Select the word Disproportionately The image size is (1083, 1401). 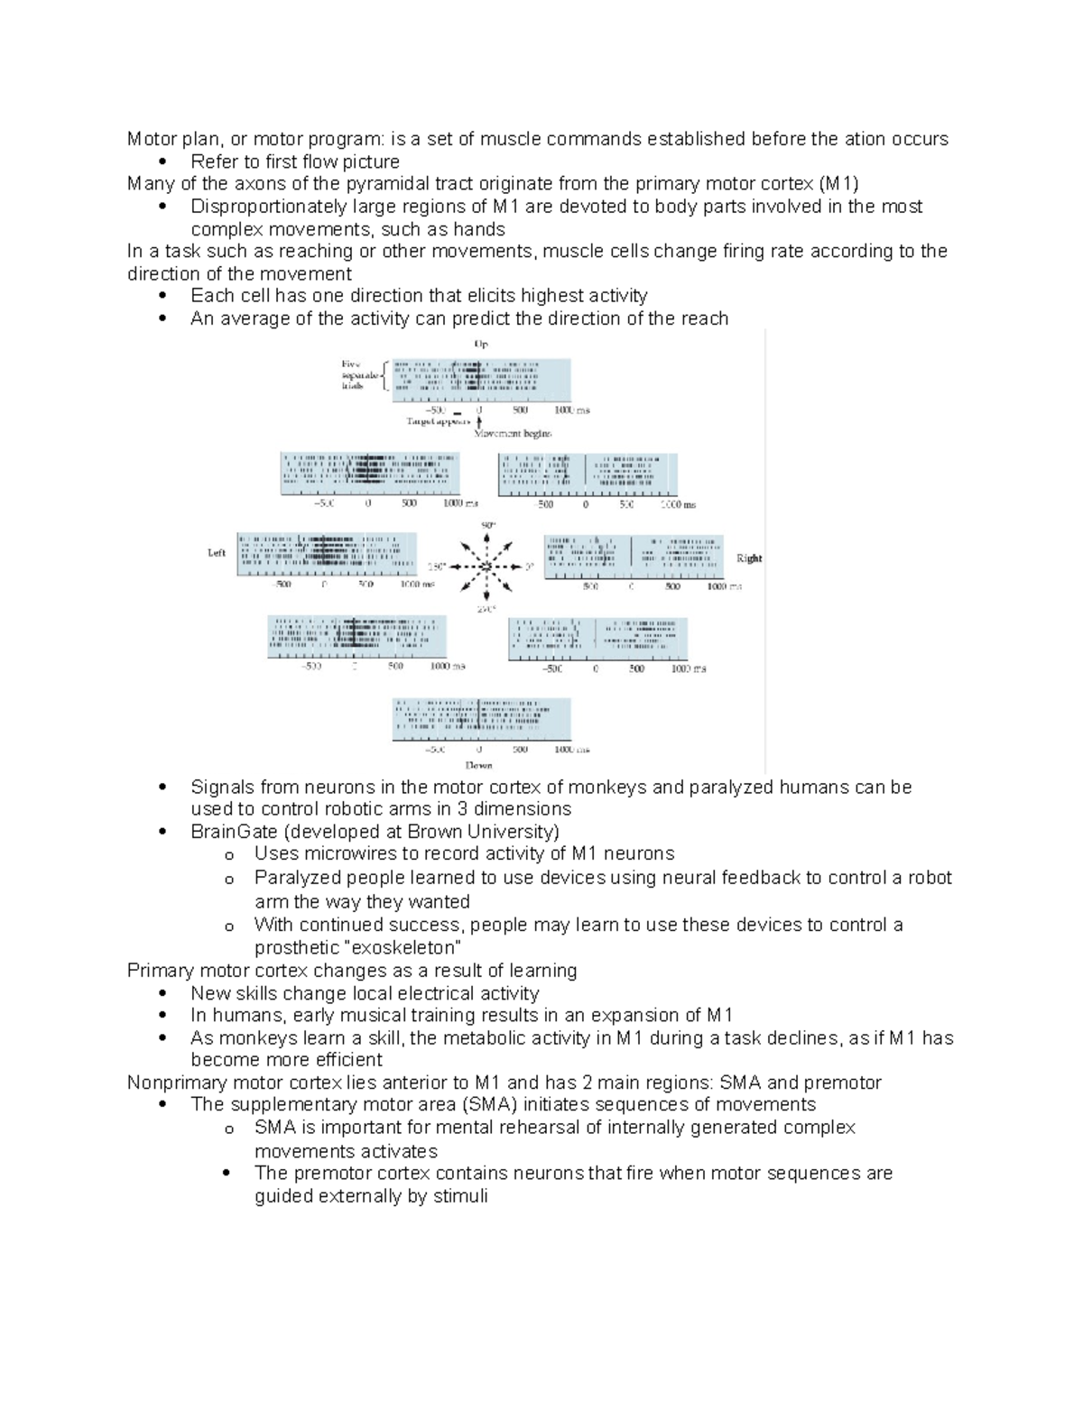[269, 207]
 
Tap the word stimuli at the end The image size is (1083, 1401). [460, 1196]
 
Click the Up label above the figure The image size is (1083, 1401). [481, 344]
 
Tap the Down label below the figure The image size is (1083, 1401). [479, 765]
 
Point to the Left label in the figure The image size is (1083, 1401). [217, 553]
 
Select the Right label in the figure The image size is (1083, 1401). [749, 558]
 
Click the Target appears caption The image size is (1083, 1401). [439, 421]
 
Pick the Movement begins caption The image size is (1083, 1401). [513, 434]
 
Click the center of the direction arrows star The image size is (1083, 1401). [486, 567]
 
